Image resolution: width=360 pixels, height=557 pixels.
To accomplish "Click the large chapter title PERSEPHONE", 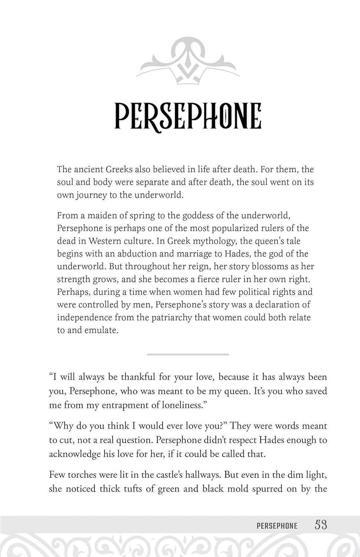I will coord(188,116).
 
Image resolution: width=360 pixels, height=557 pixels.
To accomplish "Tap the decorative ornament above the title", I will coord(188,61).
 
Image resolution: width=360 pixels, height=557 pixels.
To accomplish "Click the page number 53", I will coord(321,525).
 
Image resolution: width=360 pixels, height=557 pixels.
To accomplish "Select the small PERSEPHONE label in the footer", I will coord(277,526).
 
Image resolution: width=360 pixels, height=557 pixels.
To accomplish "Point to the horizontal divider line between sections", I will coord(188,354).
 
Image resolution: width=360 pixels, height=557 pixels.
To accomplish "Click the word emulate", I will coord(101,330).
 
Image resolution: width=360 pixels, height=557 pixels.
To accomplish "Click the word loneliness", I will coord(184,405).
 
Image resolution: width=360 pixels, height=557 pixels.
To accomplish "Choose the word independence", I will coord(84,317).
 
